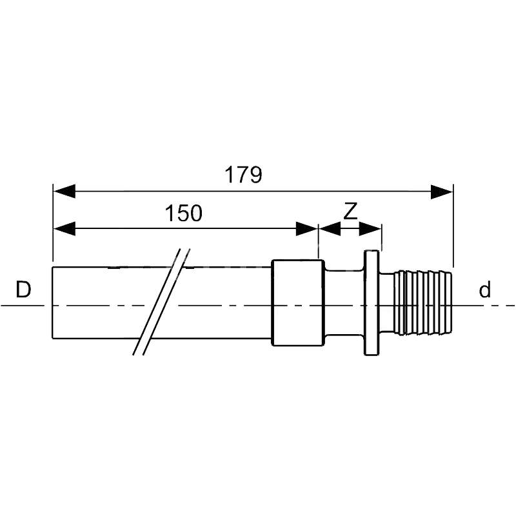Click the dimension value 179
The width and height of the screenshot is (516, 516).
243,175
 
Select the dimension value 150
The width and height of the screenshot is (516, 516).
183,213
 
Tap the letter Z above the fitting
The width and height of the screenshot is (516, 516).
350,212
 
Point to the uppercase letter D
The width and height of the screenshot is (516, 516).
23,290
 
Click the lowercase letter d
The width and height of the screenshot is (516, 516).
484,290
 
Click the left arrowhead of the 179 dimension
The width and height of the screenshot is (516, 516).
64,191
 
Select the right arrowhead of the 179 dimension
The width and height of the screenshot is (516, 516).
442,192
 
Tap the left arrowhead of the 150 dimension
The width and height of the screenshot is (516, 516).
64,229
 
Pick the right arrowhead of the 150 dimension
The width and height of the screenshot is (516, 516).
307,229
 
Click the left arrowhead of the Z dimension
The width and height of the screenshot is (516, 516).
330,229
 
